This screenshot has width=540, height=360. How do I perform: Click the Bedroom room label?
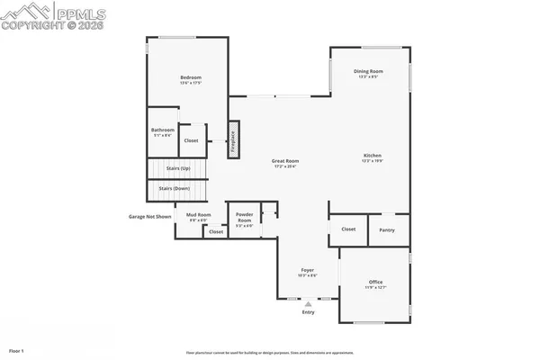click(x=189, y=77)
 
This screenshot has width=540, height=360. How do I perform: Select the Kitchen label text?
click(x=373, y=155)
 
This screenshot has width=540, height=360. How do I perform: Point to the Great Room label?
click(x=285, y=161)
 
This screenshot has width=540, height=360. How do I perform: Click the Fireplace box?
click(x=232, y=140)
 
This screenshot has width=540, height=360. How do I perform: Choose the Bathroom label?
click(x=163, y=130)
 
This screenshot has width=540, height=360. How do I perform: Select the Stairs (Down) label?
click(x=174, y=188)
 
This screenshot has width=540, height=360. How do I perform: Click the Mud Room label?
click(x=198, y=214)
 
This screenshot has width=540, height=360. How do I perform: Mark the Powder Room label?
click(x=244, y=218)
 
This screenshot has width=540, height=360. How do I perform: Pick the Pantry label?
click(x=387, y=229)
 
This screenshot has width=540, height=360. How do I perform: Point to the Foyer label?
click(x=307, y=269)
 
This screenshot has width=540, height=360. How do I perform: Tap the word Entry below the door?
click(x=308, y=312)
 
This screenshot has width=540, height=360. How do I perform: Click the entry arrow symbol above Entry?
click(x=308, y=304)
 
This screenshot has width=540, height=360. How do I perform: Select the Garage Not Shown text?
click(x=149, y=216)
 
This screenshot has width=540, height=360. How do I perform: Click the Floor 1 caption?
click(x=17, y=349)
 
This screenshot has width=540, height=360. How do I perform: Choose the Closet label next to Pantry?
click(x=348, y=229)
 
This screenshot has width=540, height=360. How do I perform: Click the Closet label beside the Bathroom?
click(x=191, y=140)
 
